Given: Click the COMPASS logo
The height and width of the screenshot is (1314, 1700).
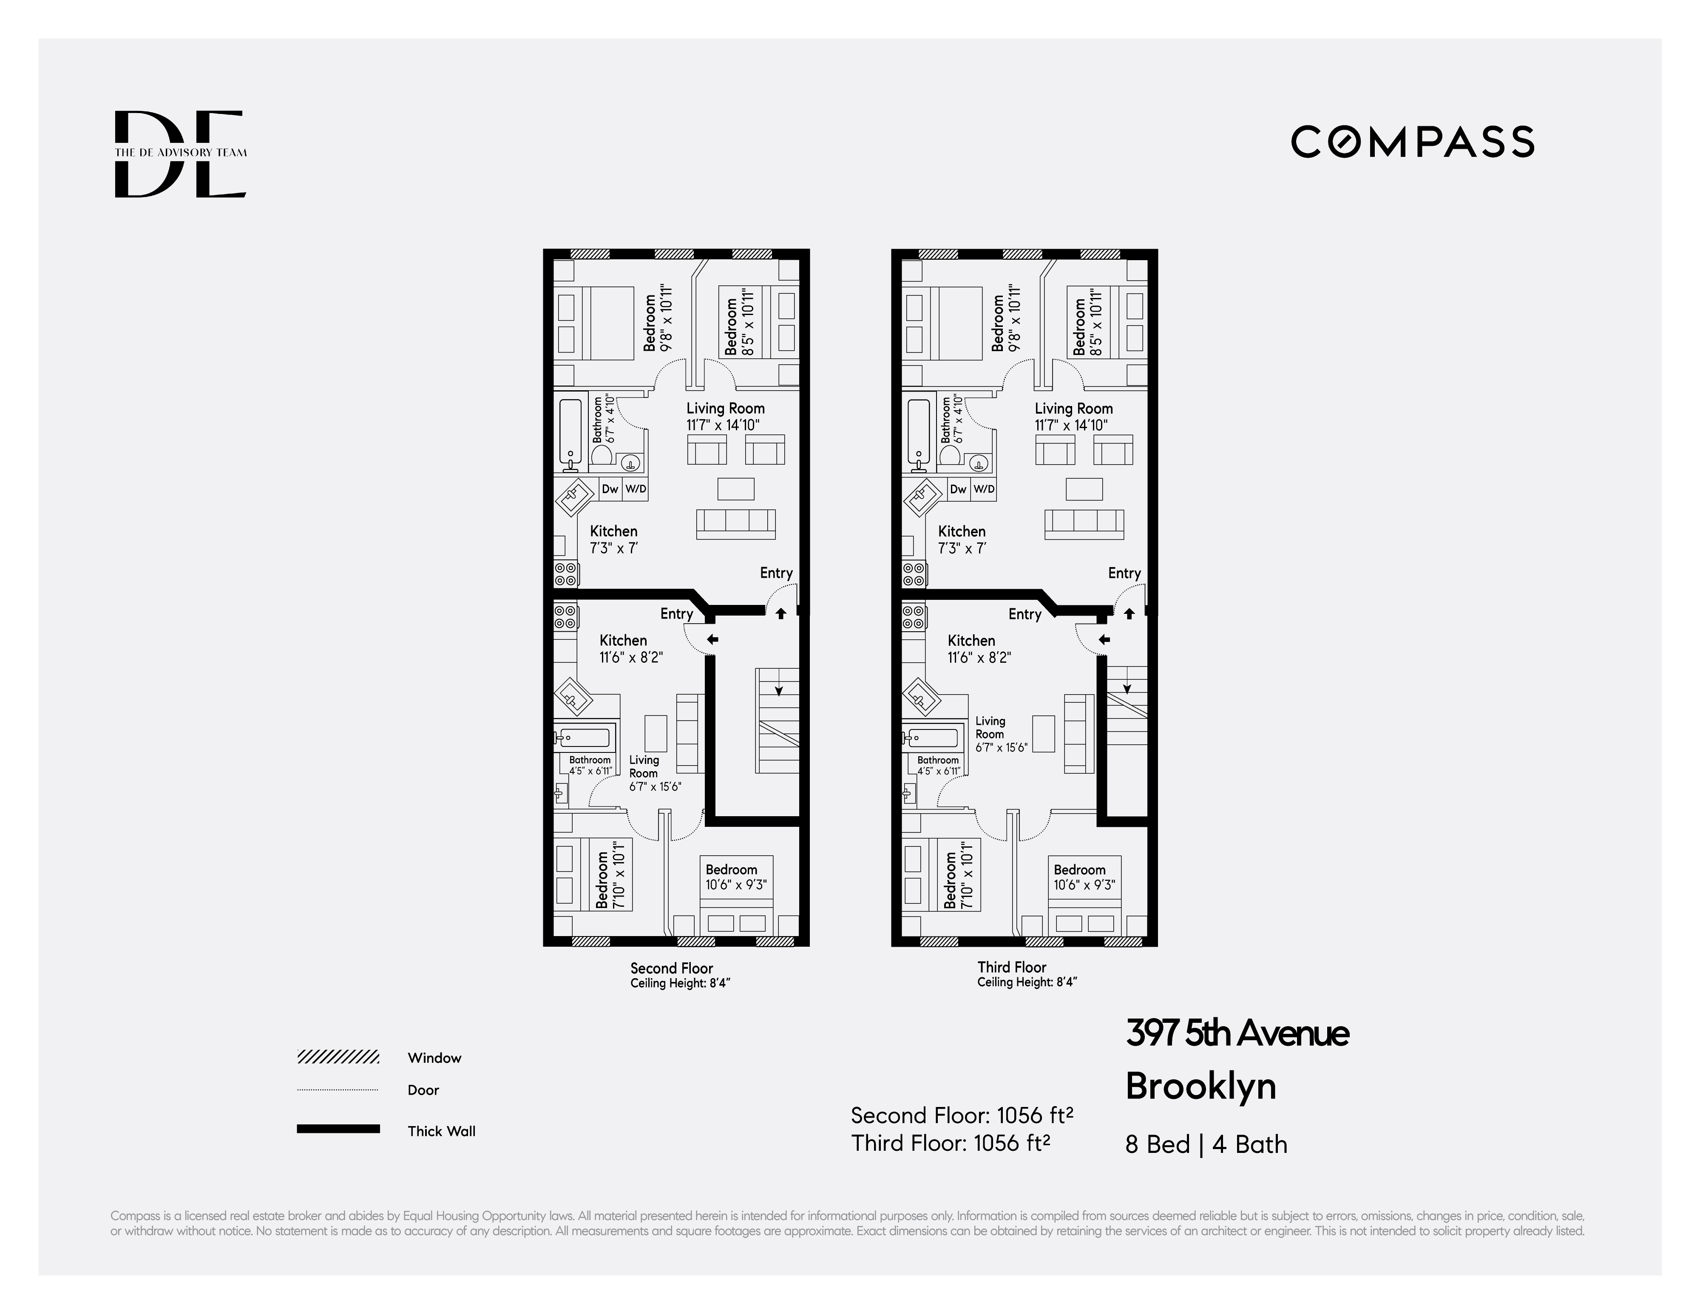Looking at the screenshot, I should pyautogui.click(x=1412, y=142).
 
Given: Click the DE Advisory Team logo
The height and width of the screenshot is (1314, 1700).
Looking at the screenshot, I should pyautogui.click(x=181, y=153).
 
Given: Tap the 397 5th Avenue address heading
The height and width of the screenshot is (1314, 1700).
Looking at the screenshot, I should pyautogui.click(x=1237, y=1033).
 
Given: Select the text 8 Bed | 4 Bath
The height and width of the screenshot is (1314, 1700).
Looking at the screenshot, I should pyautogui.click(x=1206, y=1144).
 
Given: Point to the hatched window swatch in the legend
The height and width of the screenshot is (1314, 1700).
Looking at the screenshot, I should pyautogui.click(x=338, y=1057).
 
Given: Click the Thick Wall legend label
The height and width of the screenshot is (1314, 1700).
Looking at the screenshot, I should pyautogui.click(x=440, y=1131).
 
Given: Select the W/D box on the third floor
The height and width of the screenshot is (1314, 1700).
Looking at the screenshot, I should pyautogui.click(x=984, y=489).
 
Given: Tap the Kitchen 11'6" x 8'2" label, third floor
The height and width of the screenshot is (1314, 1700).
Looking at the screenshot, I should pyautogui.click(x=979, y=648).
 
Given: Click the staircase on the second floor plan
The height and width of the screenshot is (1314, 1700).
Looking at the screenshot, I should pyautogui.click(x=777, y=720).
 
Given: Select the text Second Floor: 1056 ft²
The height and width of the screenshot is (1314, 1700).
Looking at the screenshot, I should pyautogui.click(x=962, y=1115).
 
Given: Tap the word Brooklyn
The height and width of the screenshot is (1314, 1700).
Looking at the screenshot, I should pyautogui.click(x=1200, y=1086).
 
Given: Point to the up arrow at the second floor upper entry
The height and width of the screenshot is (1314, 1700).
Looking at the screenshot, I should pyautogui.click(x=781, y=613).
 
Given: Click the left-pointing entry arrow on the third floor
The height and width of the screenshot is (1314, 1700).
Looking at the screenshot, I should pyautogui.click(x=1104, y=640).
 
